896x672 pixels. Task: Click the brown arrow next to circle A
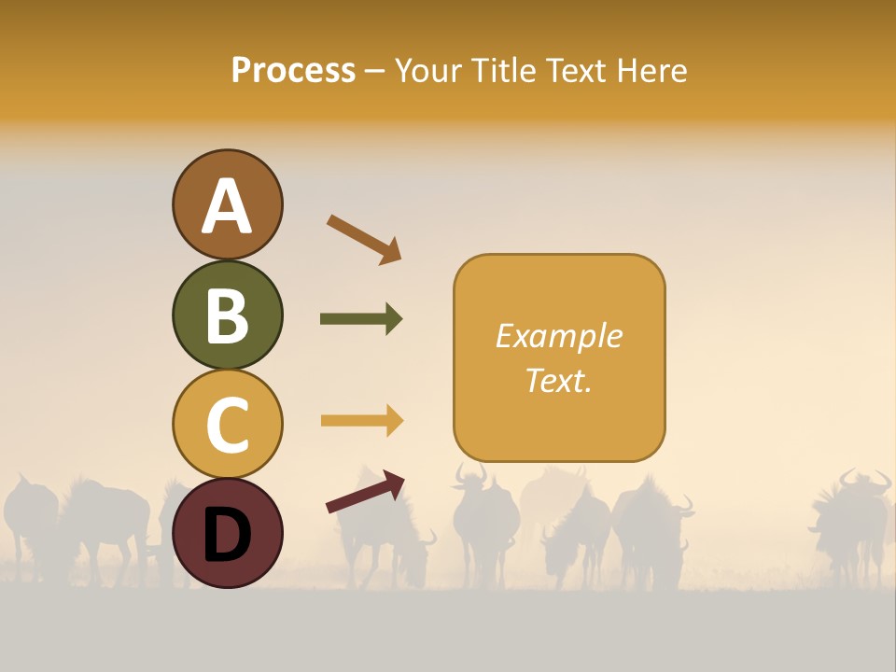[364, 238]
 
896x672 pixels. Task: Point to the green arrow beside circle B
[361, 319]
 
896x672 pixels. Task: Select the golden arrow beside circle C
[361, 421]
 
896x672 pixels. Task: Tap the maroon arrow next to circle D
[365, 491]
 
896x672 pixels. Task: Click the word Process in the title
[293, 70]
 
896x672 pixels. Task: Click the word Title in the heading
[505, 70]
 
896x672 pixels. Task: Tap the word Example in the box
[558, 336]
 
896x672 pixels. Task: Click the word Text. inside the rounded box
[558, 380]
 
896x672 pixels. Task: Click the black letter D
[228, 534]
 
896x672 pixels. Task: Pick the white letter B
[228, 315]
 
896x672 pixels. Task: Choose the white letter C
[228, 425]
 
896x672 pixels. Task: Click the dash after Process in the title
[374, 71]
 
